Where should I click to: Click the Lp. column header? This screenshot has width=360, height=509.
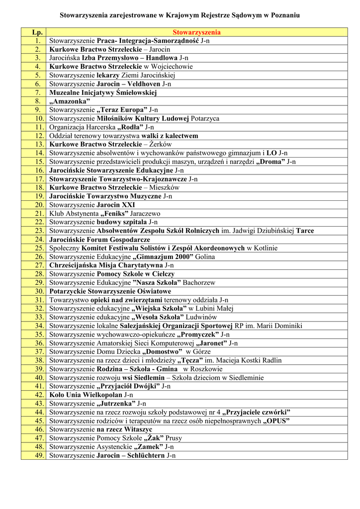tap(33, 32)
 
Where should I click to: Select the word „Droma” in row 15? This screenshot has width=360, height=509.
tap(270, 162)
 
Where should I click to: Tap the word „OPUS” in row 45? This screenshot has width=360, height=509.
tap(277, 421)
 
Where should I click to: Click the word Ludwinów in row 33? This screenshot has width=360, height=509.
tap(201, 317)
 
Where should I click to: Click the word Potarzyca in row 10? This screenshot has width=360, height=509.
tap(205, 118)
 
